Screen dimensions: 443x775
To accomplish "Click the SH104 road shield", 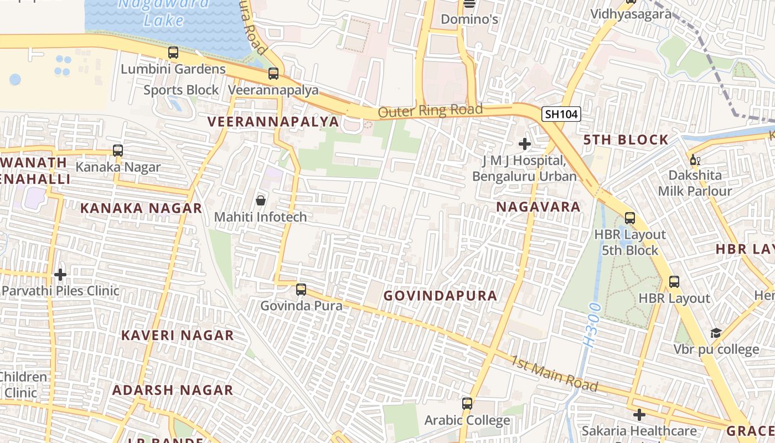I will pyautogui.click(x=561, y=115).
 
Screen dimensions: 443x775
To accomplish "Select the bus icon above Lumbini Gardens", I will pyautogui.click(x=173, y=53).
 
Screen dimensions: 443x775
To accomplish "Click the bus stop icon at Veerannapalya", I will pyautogui.click(x=273, y=73).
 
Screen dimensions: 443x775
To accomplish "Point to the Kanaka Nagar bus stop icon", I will pyautogui.click(x=117, y=150).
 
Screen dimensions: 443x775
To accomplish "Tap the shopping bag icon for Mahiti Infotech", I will pyautogui.click(x=260, y=200).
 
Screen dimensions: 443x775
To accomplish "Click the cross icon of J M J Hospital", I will pyautogui.click(x=524, y=145).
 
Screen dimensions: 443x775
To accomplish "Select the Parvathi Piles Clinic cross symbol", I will pyautogui.click(x=60, y=274).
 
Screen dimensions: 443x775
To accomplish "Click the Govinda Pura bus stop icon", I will pyautogui.click(x=301, y=289).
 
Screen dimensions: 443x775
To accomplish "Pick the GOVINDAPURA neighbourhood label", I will pyautogui.click(x=440, y=296).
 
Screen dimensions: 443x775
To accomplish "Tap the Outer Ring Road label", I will pyautogui.click(x=431, y=111).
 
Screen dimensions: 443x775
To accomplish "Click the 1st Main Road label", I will pyautogui.click(x=554, y=374).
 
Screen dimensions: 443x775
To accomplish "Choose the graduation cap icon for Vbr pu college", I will pyautogui.click(x=716, y=333).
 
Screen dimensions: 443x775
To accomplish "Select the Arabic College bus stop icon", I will pyautogui.click(x=467, y=404).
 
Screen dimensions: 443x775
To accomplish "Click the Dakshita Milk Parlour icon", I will pyautogui.click(x=694, y=160).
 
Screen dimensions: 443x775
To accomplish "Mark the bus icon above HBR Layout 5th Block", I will pyautogui.click(x=629, y=218).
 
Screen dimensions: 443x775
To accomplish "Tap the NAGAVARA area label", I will pyautogui.click(x=538, y=207).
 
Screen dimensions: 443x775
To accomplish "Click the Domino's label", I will pyautogui.click(x=469, y=20).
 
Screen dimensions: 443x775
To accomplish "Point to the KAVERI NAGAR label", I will pyautogui.click(x=178, y=336).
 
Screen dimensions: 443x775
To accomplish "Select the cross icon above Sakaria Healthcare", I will pyautogui.click(x=639, y=414).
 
